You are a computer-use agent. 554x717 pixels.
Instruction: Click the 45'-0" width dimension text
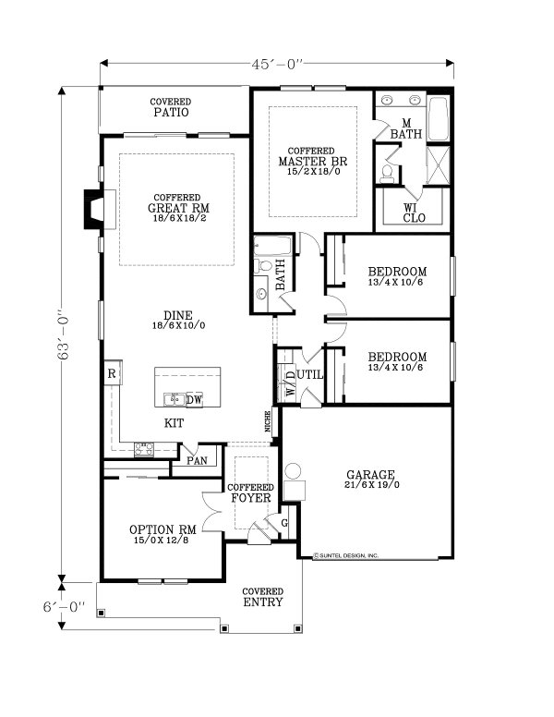point(275,64)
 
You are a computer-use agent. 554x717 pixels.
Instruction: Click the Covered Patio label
point(171,108)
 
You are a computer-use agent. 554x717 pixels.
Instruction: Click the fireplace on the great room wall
point(93,209)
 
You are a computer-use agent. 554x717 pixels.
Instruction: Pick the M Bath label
point(406,129)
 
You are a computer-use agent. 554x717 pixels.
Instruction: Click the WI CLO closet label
point(413,214)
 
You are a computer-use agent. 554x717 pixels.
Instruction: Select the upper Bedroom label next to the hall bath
point(397,275)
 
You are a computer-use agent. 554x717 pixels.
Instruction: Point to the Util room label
point(309,375)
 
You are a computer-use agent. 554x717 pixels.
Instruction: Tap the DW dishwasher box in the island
point(194,400)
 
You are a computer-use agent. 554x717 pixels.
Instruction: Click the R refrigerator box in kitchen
point(111,373)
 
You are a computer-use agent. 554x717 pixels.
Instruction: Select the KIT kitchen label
point(174,423)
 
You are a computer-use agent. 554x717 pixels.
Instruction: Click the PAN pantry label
point(197,459)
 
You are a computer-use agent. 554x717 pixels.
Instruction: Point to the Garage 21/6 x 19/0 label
point(371,478)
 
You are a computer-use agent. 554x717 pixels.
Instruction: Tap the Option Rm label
point(163,534)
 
